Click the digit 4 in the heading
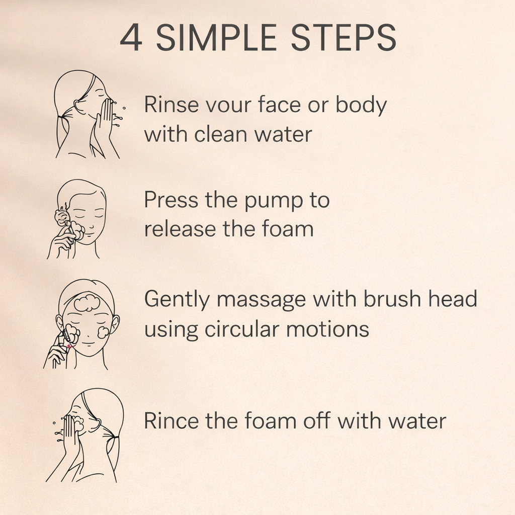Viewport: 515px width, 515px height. point(131,37)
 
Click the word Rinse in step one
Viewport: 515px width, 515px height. point(171,105)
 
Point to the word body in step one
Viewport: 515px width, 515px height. point(361,105)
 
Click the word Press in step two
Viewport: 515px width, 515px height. point(171,199)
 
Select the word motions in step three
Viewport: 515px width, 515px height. point(327,329)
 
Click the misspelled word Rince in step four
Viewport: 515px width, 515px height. point(171,420)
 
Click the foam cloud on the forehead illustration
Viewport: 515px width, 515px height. point(87,302)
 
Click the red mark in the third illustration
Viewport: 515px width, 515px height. point(69,347)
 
